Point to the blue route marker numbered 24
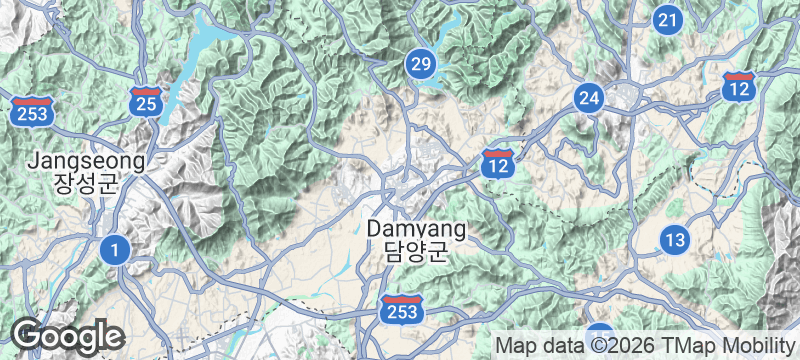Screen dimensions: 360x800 point(589,98)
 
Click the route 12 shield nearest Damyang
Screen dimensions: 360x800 point(498,163)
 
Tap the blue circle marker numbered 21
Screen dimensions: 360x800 point(668,19)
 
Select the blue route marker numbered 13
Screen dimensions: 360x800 point(675,239)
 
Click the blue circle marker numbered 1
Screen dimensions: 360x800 point(116,249)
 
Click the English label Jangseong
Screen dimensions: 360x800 point(86,161)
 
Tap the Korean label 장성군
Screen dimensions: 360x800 point(86,184)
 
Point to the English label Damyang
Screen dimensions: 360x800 point(416,229)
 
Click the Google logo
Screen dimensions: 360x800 point(67,335)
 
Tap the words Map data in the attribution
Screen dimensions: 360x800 point(535,346)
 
